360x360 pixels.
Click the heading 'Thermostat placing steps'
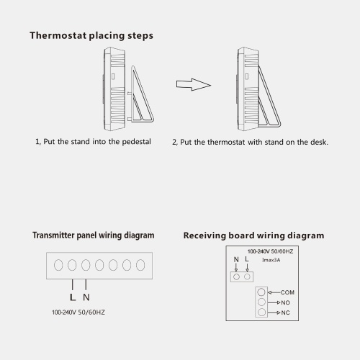pos(91,36)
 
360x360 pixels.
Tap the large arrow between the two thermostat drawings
pos(194,84)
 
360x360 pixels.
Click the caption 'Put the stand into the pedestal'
pos(97,142)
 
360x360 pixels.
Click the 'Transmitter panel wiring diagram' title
pos(94,235)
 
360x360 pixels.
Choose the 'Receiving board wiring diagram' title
pos(253,235)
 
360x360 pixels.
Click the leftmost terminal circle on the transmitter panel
pos(58,265)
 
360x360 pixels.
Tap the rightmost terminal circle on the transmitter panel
pos(140,265)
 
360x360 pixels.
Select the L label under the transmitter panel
pos(73,297)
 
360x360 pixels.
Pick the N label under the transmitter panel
pos(86,297)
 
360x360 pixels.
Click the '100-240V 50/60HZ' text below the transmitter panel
pos(78,312)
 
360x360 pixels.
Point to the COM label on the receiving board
pos(287,292)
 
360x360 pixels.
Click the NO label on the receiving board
pos(285,302)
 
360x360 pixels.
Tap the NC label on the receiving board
pos(285,312)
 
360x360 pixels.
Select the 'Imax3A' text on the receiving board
pos(271,260)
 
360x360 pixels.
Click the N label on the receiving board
pos(236,259)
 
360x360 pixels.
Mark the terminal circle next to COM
pos(261,292)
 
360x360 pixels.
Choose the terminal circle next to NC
pos(261,312)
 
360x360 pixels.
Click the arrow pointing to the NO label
pos(274,302)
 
